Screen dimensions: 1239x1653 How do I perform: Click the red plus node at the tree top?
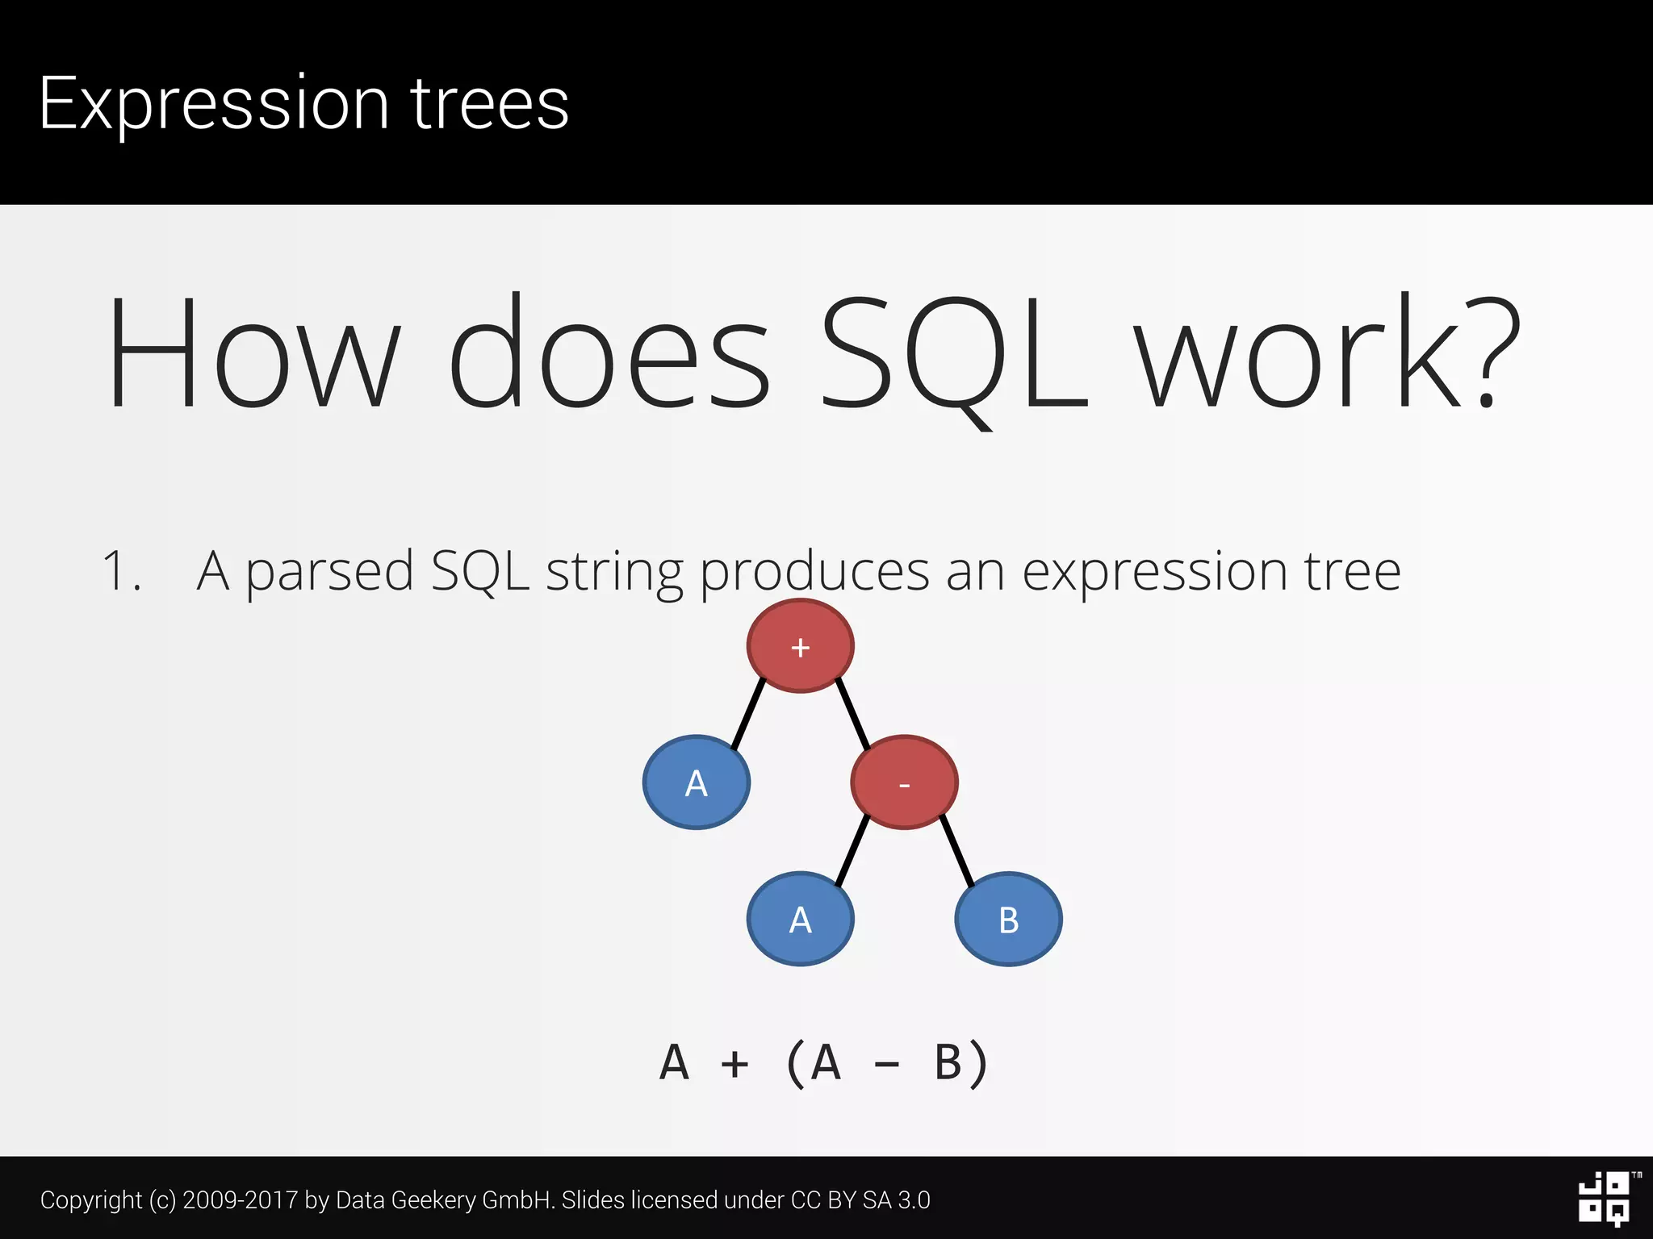[800, 646]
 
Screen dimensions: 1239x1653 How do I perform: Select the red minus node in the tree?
[904, 782]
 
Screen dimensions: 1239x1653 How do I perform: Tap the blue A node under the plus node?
[696, 782]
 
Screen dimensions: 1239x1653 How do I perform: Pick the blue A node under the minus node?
[800, 919]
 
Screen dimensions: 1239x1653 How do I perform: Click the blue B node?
[1008, 919]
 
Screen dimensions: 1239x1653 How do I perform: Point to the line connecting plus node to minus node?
[853, 715]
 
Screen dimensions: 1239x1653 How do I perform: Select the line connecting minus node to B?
[957, 852]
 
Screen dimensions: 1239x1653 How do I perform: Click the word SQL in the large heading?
[952, 355]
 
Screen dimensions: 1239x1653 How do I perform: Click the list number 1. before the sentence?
[121, 571]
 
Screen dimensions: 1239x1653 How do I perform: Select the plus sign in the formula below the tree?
[734, 1064]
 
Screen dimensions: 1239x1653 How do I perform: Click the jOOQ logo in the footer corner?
[1605, 1199]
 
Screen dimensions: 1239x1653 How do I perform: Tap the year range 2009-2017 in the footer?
[241, 1199]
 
